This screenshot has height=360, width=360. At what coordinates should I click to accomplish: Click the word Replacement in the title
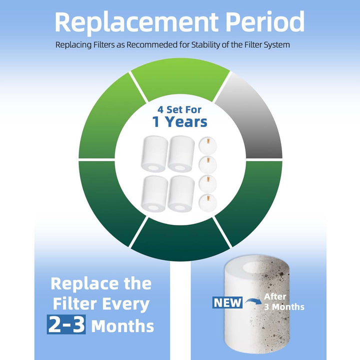136,22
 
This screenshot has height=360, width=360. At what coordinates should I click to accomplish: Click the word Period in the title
265,21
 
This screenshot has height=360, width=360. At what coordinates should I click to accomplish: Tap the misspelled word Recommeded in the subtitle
152,44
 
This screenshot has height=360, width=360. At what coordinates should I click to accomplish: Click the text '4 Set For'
179,109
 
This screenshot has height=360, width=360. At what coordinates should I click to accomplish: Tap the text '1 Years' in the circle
179,121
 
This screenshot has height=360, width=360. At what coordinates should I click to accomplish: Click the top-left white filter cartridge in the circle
154,154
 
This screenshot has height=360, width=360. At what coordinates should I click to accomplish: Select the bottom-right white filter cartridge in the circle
181,194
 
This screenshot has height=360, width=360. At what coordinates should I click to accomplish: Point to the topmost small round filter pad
207,145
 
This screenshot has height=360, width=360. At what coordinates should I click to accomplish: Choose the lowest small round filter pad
207,203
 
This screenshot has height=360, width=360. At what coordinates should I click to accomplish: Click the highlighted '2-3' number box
66,324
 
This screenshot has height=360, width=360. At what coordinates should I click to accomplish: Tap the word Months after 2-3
122,326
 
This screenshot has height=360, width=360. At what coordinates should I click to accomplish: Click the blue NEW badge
227,302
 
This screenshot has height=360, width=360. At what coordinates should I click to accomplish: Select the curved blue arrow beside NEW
253,301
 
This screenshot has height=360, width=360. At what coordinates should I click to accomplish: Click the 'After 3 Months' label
284,301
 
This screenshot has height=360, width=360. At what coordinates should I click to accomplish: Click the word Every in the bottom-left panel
125,304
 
